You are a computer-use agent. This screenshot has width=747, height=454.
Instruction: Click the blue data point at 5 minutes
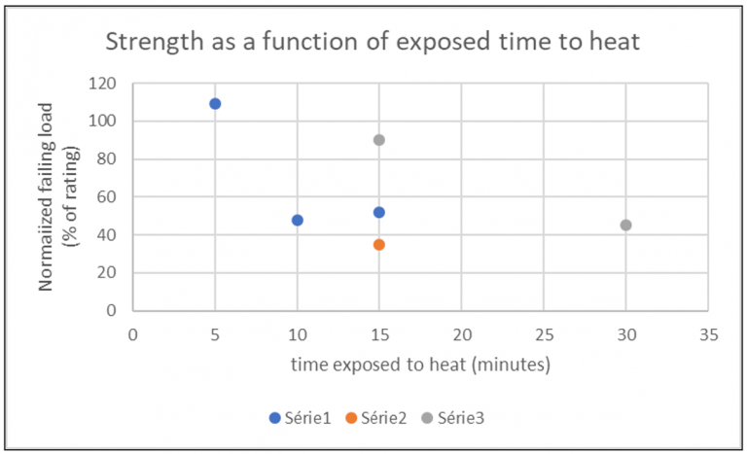[215, 103]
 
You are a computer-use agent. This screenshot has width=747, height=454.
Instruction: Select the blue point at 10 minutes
[298, 220]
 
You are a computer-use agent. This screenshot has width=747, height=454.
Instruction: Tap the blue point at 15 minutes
[379, 212]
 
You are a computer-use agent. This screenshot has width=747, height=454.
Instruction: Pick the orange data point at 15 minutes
[379, 244]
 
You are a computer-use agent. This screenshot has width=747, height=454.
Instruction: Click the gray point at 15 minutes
[379, 140]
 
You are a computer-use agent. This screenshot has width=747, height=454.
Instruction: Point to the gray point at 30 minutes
[625, 225]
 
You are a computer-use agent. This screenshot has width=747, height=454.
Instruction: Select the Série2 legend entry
[374, 418]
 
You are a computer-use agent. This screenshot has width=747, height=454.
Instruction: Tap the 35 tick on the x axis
[708, 332]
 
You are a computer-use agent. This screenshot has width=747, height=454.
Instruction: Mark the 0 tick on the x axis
[133, 332]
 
